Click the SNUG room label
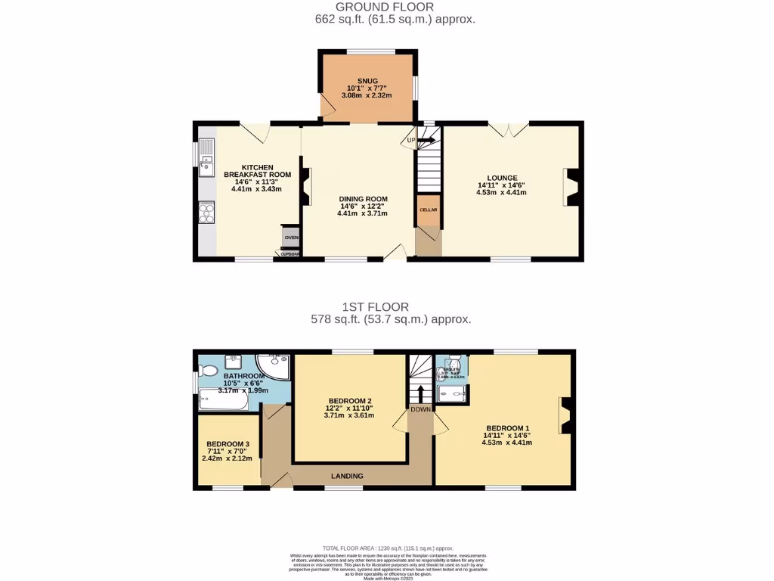point(367,80)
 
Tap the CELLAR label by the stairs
point(428,210)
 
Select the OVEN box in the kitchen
point(291,238)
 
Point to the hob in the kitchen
point(206,213)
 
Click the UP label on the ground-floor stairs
point(411,140)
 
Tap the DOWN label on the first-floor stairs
point(420,409)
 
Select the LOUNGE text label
point(502,178)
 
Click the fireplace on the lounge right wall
point(571,187)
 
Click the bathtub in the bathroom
point(223,399)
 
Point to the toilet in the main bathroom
point(209,370)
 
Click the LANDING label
point(347,476)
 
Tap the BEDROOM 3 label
point(228,444)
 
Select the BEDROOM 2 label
point(349,401)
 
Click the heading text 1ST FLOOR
point(376,307)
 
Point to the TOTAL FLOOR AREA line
point(387,548)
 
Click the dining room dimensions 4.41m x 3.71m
point(362,213)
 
